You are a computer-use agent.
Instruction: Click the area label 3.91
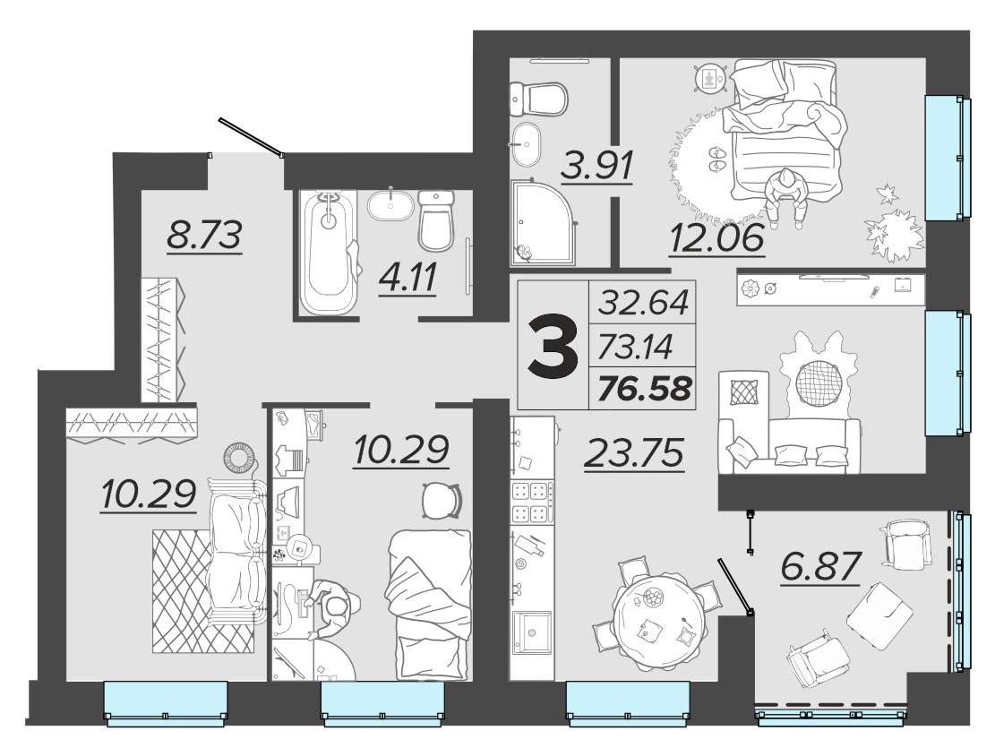pyautogui.click(x=597, y=167)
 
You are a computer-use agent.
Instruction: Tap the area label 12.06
pyautogui.click(x=717, y=239)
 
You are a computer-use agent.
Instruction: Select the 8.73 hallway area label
pyautogui.click(x=204, y=236)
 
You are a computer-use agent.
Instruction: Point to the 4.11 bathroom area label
pyautogui.click(x=407, y=278)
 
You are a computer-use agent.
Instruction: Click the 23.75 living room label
pyautogui.click(x=635, y=453)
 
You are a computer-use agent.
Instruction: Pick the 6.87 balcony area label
pyautogui.click(x=821, y=567)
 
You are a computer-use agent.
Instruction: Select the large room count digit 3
pyautogui.click(x=554, y=346)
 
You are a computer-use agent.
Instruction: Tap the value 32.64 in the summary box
pyautogui.click(x=644, y=302)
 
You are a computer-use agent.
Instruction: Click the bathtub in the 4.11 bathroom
pyautogui.click(x=328, y=254)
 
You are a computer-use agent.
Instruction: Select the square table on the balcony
pyautogui.click(x=880, y=615)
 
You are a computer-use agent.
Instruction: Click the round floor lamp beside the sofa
pyautogui.click(x=240, y=456)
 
